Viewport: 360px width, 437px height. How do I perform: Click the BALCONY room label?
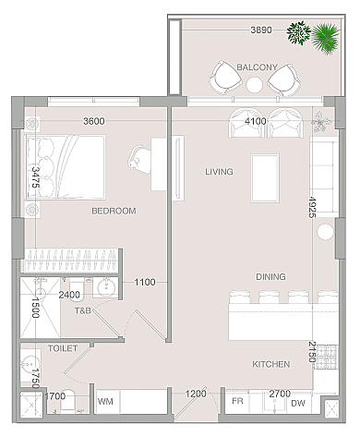(x=257, y=67)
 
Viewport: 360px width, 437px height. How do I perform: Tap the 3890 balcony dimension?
(x=261, y=30)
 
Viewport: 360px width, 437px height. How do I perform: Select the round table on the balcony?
(x=255, y=84)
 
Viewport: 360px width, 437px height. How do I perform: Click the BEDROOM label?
(x=114, y=211)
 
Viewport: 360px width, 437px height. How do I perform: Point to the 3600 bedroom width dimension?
(x=94, y=121)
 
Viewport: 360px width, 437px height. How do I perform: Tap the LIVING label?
(x=219, y=172)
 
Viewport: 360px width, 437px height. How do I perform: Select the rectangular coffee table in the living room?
(x=265, y=178)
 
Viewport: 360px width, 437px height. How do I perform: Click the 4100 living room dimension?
(x=256, y=121)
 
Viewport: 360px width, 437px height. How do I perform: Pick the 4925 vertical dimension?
(x=312, y=207)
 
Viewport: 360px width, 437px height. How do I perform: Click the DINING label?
(x=270, y=276)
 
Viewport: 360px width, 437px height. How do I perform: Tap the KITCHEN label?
(x=271, y=364)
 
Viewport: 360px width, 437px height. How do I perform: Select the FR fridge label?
(x=237, y=401)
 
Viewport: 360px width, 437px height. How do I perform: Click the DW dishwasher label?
(x=298, y=403)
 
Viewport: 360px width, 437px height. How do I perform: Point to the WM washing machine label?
(x=105, y=402)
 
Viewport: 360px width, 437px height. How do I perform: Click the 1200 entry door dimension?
(x=196, y=394)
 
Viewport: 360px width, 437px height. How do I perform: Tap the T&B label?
(x=83, y=310)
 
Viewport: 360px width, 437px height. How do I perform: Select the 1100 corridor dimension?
(x=145, y=282)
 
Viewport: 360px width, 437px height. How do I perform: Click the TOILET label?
(x=63, y=348)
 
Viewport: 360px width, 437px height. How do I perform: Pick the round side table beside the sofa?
(x=325, y=232)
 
